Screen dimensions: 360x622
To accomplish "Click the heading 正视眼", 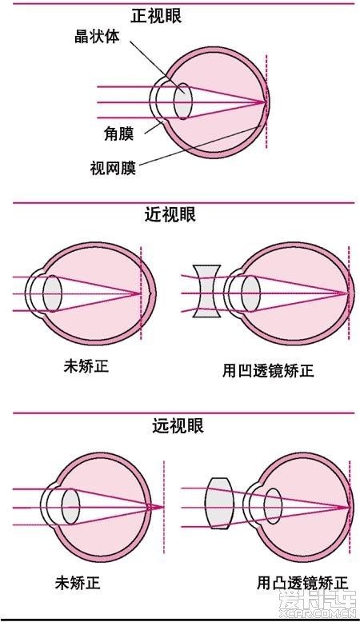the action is tap(156, 16).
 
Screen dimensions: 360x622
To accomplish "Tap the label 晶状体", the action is tap(97, 37).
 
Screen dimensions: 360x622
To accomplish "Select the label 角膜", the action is tap(118, 134).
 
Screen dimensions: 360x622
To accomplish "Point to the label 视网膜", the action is tap(113, 168).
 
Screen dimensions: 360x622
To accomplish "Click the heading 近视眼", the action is tap(170, 215).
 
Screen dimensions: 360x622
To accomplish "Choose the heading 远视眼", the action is tap(178, 425).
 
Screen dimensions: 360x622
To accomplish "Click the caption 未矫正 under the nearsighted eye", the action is tap(86, 366).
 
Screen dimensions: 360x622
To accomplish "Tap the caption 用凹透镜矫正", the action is tap(268, 371).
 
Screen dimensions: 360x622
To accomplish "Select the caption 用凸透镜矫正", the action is tap(302, 583).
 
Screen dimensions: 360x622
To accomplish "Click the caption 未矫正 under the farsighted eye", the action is tap(78, 583).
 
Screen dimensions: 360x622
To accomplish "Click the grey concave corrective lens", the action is tap(206, 291).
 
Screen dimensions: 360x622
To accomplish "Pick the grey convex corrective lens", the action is tap(219, 504).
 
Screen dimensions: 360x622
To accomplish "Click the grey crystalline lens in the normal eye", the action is tap(183, 102).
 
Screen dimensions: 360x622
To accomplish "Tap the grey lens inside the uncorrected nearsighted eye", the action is tap(52, 294).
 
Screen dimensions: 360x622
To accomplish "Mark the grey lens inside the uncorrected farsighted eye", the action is tap(70, 508).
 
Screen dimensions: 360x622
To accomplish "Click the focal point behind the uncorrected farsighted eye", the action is tap(163, 507).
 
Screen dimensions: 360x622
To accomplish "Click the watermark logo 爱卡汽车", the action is tap(317, 601).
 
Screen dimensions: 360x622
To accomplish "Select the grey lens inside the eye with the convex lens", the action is tap(273, 507).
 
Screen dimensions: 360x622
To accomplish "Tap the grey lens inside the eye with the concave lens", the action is tap(251, 293).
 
